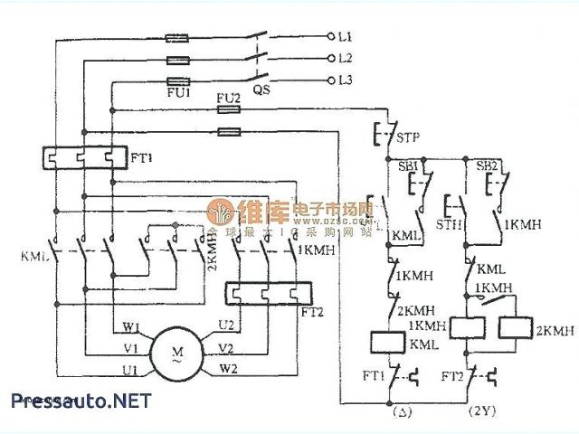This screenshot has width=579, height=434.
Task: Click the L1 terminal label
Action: click(345, 36)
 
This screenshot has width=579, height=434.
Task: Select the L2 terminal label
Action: click(345, 58)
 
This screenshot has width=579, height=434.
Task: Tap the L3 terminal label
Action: click(345, 80)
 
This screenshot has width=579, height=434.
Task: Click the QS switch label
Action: click(261, 90)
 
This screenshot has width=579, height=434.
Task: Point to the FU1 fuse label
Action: click(178, 92)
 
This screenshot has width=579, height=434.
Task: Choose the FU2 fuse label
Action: click(228, 97)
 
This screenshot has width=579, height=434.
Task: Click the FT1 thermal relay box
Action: click(81, 158)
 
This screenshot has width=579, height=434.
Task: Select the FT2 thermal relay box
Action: click(268, 294)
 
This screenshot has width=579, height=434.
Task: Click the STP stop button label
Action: click(409, 139)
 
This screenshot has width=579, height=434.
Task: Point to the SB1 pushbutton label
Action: click(407, 168)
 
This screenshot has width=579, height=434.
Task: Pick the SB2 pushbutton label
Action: click(488, 168)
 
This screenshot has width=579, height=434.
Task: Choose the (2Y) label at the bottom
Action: click(480, 411)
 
